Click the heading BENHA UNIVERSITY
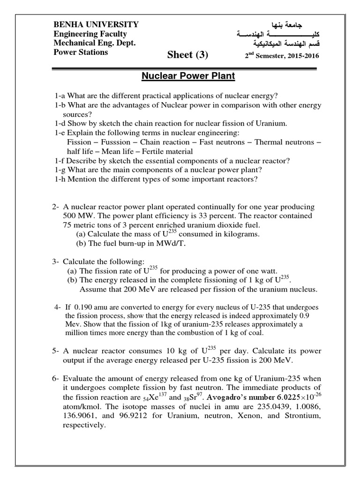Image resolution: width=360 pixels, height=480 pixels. point(96,24)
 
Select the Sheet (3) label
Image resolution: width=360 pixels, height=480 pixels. point(187,55)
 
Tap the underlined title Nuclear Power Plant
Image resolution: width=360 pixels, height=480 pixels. point(188,75)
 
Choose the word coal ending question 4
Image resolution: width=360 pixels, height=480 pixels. point(254,333)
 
